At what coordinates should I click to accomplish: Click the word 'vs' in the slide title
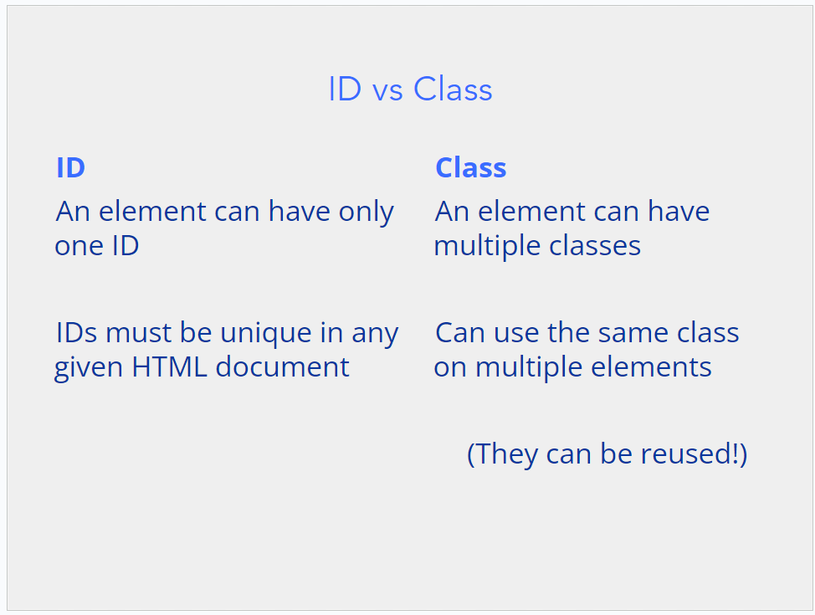pyautogui.click(x=387, y=90)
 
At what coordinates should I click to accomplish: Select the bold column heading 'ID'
pyautogui.click(x=70, y=167)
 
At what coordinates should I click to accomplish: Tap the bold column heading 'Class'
pyautogui.click(x=471, y=167)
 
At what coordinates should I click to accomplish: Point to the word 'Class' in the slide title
pyautogui.click(x=453, y=89)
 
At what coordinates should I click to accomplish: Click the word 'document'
pyautogui.click(x=282, y=367)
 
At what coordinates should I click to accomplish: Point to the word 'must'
pyautogui.click(x=139, y=334)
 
